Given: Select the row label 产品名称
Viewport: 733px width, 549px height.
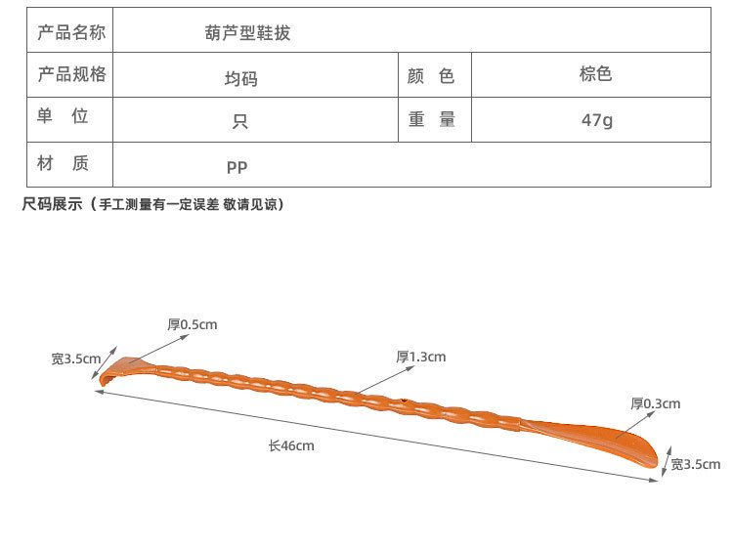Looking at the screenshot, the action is click(x=70, y=32).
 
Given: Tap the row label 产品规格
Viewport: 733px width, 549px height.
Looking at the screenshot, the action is click(x=70, y=75).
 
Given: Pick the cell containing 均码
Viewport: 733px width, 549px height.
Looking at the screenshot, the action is click(x=240, y=78).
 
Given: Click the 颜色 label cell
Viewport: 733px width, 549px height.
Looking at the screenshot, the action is click(x=431, y=76).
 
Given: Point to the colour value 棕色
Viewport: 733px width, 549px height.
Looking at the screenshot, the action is click(x=595, y=74).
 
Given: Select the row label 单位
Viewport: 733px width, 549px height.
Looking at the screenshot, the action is click(x=64, y=117).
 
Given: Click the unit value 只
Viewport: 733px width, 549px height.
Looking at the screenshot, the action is click(x=240, y=121).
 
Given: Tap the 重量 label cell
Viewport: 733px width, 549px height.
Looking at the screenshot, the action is click(x=431, y=119).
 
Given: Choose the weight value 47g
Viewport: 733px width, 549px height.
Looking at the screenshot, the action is click(x=596, y=120).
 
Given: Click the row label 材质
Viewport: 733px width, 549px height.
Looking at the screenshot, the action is click(x=64, y=163).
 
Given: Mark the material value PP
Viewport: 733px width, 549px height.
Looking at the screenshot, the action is click(x=237, y=166).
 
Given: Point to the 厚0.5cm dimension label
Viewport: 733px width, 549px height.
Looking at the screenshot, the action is click(x=192, y=324).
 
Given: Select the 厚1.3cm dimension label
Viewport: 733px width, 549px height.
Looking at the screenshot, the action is click(x=420, y=357).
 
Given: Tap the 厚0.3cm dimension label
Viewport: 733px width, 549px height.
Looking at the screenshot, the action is click(x=655, y=402).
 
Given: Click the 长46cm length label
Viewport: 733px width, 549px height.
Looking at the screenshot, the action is click(x=291, y=445).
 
